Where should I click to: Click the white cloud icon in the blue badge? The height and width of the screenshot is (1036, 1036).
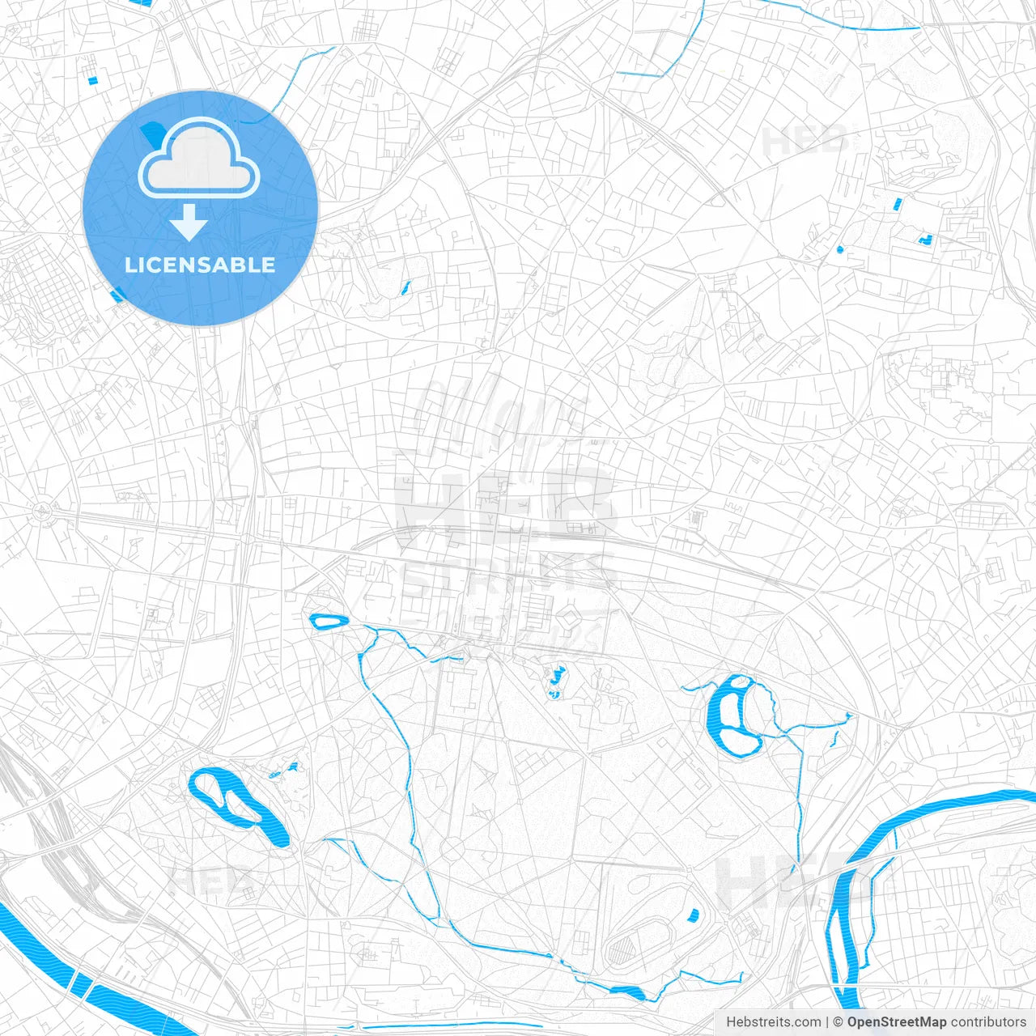pyautogui.click(x=199, y=159)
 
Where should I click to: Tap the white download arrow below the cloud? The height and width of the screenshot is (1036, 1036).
pyautogui.click(x=189, y=222)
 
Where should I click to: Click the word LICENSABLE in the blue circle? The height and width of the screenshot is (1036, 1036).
pyautogui.click(x=200, y=265)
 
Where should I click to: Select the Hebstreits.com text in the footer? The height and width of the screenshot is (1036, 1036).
pyautogui.click(x=773, y=1022)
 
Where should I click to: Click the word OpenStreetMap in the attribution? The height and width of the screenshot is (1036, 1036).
pyautogui.click(x=897, y=1022)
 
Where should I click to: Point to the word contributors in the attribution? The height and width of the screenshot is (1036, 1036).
pyautogui.click(x=988, y=1022)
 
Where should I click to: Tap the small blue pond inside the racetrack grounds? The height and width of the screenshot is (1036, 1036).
pyautogui.click(x=693, y=915)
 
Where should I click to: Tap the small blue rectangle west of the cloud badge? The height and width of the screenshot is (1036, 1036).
pyautogui.click(x=92, y=80)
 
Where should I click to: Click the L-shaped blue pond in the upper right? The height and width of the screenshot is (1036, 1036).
pyautogui.click(x=924, y=239)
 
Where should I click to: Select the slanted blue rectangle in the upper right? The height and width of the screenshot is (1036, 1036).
pyautogui.click(x=896, y=204)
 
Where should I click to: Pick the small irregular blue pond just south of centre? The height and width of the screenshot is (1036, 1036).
pyautogui.click(x=556, y=681)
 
